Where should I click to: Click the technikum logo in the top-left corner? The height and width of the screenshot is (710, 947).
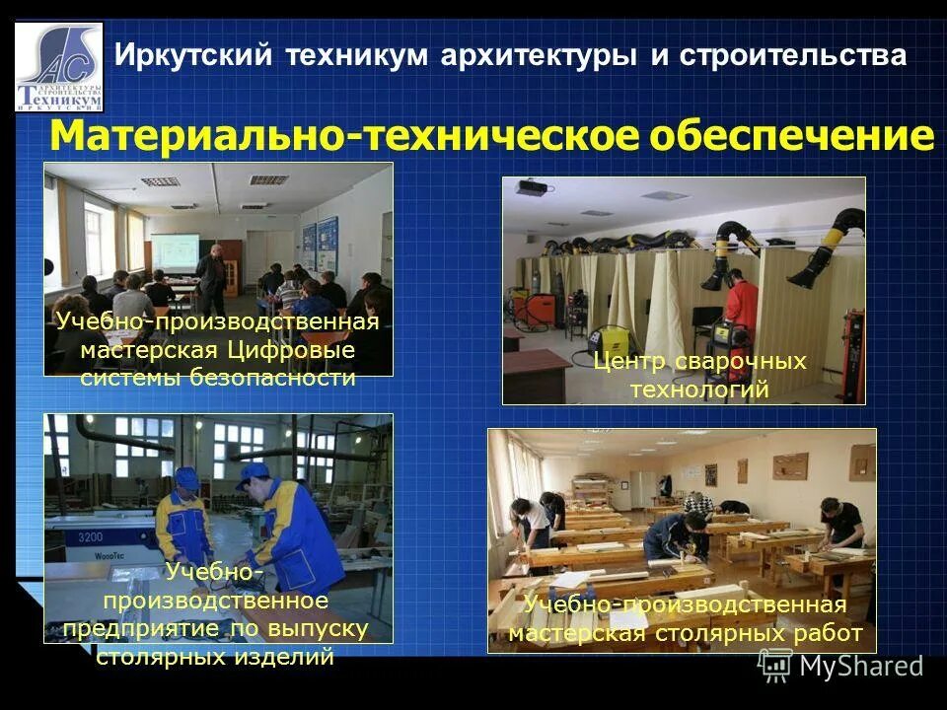click(x=58, y=66)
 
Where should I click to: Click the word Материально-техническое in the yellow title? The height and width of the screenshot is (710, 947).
click(x=344, y=136)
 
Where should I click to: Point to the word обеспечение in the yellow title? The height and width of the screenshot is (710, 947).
click(x=790, y=136)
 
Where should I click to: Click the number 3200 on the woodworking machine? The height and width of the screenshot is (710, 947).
click(x=91, y=537)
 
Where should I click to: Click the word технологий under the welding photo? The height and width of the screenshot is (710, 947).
click(x=698, y=390)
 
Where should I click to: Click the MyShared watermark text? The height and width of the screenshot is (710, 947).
click(x=861, y=666)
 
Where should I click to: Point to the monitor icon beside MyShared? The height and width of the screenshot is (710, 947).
click(x=775, y=666)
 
